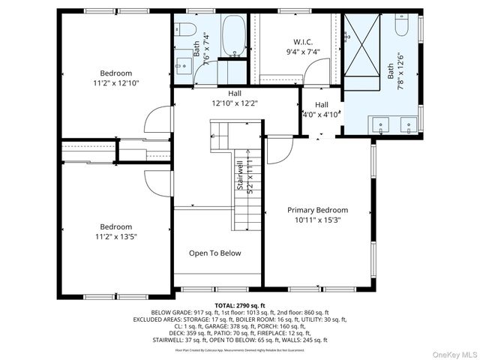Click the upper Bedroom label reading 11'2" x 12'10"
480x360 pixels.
[116, 79]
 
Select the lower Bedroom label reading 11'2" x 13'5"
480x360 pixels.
[116, 231]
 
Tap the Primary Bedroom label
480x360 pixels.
[318, 215]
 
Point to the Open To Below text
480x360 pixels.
[215, 253]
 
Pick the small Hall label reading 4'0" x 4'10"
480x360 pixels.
[322, 109]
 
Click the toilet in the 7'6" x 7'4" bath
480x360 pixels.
[187, 31]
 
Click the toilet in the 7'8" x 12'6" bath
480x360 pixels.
[401, 28]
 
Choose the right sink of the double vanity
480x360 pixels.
[408, 124]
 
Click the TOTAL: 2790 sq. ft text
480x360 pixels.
[240, 306]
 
